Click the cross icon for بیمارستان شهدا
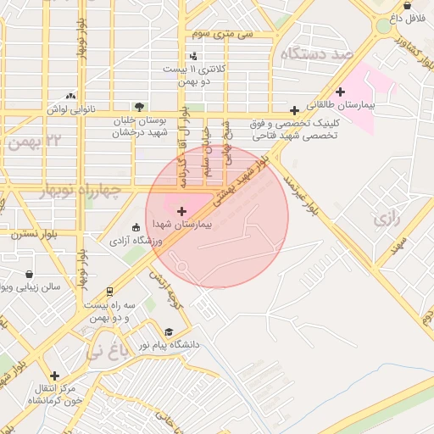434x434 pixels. pyautogui.click(x=181, y=210)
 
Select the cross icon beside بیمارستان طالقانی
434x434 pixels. pyautogui.click(x=341, y=92)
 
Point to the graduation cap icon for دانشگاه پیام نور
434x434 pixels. pyautogui.click(x=168, y=332)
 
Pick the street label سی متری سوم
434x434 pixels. pyautogui.click(x=223, y=34)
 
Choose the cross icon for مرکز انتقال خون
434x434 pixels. pyautogui.click(x=55, y=376)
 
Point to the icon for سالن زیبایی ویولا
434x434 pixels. pyautogui.click(x=31, y=275)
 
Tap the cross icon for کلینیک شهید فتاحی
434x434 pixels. pyautogui.click(x=294, y=110)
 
